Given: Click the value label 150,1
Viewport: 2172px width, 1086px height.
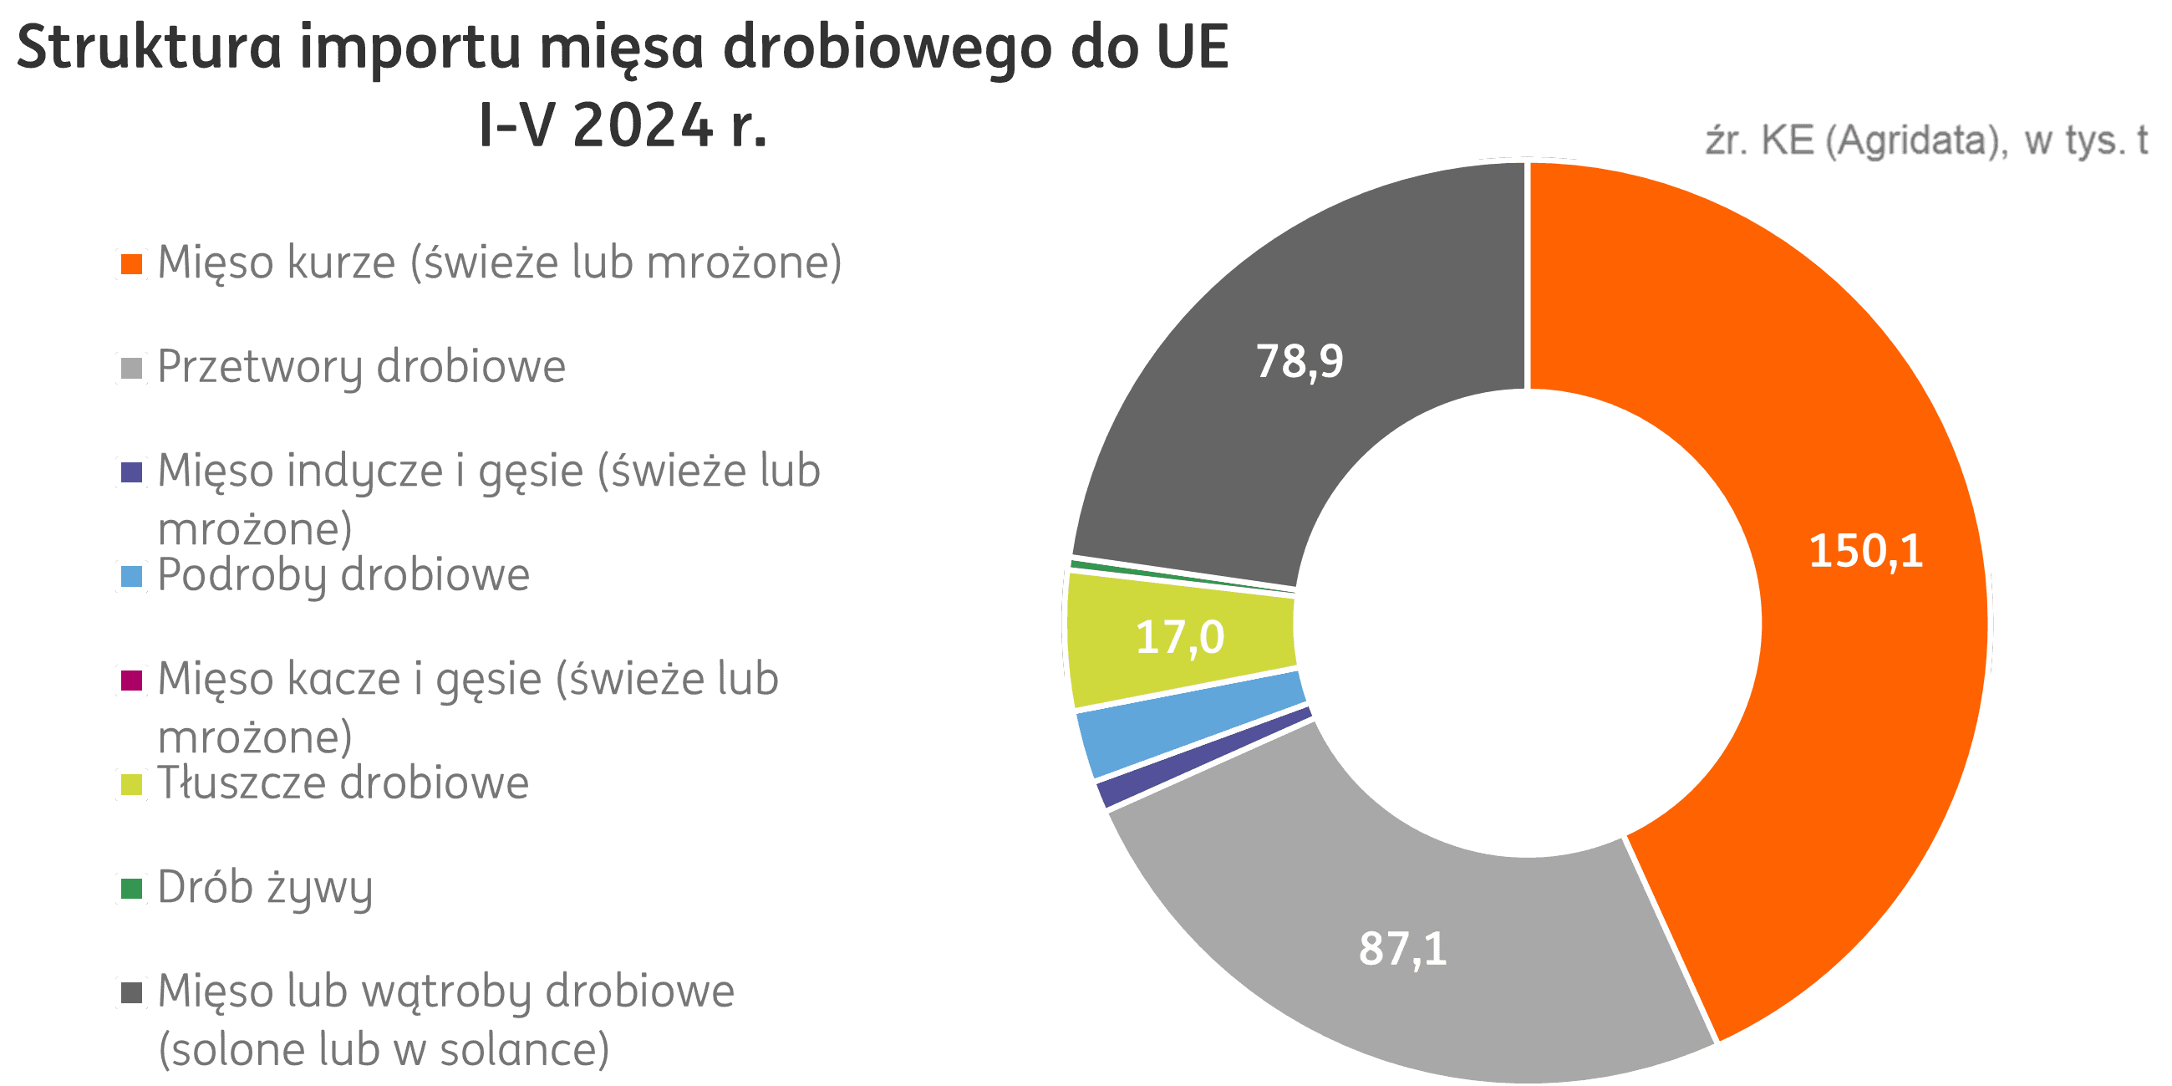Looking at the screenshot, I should pyautogui.click(x=1866, y=551).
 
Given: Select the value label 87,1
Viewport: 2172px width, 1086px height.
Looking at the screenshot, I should pyautogui.click(x=1403, y=948).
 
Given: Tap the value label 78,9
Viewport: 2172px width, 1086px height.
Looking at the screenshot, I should pyautogui.click(x=1300, y=361).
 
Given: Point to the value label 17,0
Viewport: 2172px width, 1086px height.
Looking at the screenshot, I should pyautogui.click(x=1179, y=636).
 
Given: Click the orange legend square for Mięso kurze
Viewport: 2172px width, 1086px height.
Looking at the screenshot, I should pyautogui.click(x=131, y=264).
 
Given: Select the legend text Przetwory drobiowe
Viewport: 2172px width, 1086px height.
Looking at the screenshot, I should pyautogui.click(x=362, y=367).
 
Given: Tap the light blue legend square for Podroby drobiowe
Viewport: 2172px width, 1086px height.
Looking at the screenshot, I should pyautogui.click(x=131, y=577).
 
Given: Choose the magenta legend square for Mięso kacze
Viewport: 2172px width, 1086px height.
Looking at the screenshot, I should pyautogui.click(x=131, y=681).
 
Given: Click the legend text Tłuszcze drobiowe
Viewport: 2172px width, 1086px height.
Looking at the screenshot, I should pyautogui.click(x=343, y=783).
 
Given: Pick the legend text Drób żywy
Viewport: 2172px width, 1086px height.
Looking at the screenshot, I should pyautogui.click(x=265, y=888).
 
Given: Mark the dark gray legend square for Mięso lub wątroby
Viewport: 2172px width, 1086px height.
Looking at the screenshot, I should pyautogui.click(x=131, y=992).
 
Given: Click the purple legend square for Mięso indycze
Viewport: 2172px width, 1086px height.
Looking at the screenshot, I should pyautogui.click(x=131, y=472).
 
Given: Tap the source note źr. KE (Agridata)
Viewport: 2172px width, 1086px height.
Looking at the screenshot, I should pyautogui.click(x=1847, y=140).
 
